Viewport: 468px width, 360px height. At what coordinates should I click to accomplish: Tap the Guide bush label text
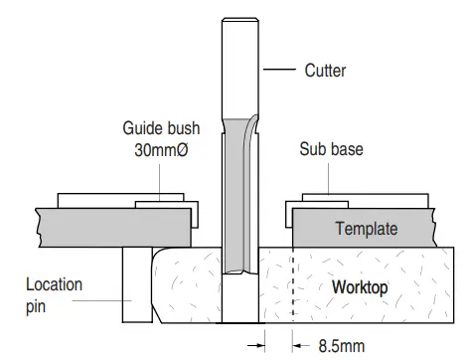(161, 128)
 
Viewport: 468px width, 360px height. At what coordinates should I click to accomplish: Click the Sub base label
(330, 149)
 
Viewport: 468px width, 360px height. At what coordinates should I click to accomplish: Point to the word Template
(365, 229)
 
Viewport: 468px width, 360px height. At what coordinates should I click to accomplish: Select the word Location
(54, 283)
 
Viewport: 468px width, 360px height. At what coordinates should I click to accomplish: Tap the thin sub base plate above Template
(378, 202)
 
